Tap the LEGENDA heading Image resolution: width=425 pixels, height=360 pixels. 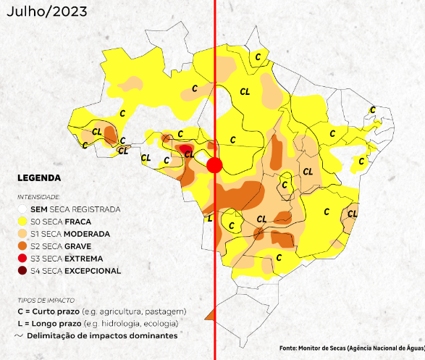click(x=39, y=177)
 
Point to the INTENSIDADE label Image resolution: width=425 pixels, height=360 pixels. click(x=39, y=196)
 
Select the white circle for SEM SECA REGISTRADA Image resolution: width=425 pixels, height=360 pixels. click(x=23, y=209)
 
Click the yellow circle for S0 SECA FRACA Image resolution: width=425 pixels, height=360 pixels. click(x=23, y=222)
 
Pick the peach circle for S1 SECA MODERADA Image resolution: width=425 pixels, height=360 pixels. click(x=23, y=234)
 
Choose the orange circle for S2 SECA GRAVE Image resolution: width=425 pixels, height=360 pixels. click(x=23, y=246)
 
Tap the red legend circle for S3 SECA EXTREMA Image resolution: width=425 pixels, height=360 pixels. click(x=23, y=259)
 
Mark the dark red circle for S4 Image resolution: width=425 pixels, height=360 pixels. click(x=23, y=271)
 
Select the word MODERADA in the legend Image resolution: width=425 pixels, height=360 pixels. click(x=86, y=234)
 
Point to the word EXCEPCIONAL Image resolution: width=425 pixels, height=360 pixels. click(x=92, y=271)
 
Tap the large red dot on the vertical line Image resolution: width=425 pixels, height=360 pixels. click(x=214, y=166)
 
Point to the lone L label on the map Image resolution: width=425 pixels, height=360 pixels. click(x=210, y=218)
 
